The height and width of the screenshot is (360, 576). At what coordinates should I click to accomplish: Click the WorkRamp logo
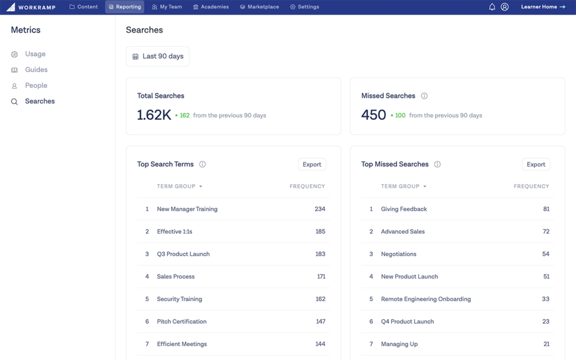point(30,7)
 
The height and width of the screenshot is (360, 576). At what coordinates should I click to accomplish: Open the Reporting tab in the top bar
point(124,7)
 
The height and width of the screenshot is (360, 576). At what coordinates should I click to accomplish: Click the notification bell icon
point(492,7)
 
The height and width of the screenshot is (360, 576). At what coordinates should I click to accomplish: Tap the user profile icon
point(505,7)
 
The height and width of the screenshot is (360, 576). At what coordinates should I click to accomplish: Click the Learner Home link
point(543,7)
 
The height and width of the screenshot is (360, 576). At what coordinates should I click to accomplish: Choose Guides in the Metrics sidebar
point(36,70)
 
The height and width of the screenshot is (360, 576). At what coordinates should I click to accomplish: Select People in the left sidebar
point(36,85)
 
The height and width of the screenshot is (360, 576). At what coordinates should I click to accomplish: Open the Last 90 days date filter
point(157,56)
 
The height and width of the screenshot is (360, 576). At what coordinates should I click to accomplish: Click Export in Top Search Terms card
point(312,164)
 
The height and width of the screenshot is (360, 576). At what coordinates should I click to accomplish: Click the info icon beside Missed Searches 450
point(425,96)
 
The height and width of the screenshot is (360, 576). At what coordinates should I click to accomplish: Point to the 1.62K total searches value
point(154,115)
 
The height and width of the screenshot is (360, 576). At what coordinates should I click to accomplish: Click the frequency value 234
point(320,209)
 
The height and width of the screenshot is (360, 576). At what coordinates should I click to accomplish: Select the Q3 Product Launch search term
point(183,254)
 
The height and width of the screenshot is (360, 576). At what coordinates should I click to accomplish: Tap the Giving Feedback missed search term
point(404,209)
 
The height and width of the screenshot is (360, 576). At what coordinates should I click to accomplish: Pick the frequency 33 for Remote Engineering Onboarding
point(546,299)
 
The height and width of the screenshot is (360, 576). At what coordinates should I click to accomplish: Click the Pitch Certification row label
point(182,322)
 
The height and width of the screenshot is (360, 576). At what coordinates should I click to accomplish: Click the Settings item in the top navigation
point(304,7)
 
